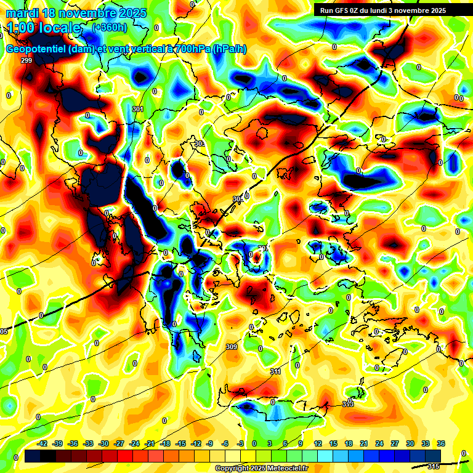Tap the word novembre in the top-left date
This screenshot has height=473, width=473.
click(85, 13)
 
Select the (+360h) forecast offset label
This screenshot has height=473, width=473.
click(110, 27)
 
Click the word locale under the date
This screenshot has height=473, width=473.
click(58, 28)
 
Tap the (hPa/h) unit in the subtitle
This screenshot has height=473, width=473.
click(228, 49)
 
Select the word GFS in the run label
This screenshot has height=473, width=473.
click(341, 10)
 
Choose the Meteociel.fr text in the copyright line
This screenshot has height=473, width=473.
click(285, 469)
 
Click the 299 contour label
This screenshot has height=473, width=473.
click(26, 60)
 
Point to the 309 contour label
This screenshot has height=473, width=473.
click(232, 347)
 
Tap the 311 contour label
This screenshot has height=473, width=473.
click(275, 371)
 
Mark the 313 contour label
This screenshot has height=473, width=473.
click(348, 404)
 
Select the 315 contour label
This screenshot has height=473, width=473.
click(433, 466)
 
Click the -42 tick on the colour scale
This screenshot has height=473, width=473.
click(43, 443)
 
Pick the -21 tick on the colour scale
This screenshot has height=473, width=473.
click(150, 443)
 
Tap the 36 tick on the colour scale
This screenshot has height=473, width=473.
click(441, 443)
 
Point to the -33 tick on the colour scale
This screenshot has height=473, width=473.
click(89, 443)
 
